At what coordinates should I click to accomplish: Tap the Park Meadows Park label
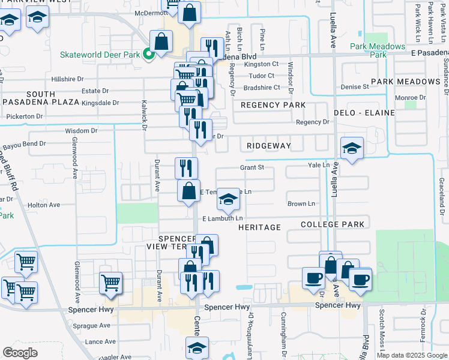tap(378, 50)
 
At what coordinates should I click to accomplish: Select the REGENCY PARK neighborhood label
tap(273, 105)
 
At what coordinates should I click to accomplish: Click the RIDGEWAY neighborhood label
tap(268, 146)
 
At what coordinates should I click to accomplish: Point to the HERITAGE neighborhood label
tap(259, 227)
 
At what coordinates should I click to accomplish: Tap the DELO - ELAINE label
tap(365, 113)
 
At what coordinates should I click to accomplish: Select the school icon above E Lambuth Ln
tap(228, 199)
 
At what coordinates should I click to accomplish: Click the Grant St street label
tap(252, 167)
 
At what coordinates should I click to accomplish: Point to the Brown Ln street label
tap(301, 204)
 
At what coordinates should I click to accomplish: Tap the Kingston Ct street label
tap(262, 64)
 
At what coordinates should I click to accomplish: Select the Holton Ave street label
tap(44, 205)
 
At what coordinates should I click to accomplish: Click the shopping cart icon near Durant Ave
tap(110, 282)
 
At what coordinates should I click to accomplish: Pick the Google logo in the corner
tap(20, 352)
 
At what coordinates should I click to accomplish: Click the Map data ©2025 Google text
tap(411, 355)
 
